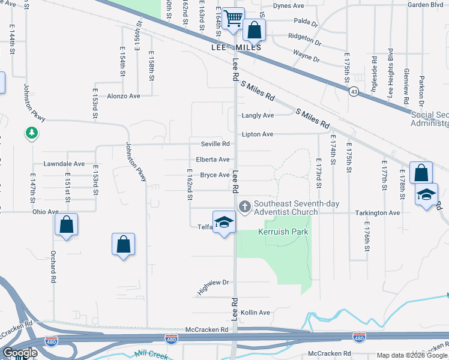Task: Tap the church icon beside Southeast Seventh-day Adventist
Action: pos(244,207)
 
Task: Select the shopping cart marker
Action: pos(232,18)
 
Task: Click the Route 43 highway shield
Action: pos(354,91)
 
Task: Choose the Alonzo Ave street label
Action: pos(123,96)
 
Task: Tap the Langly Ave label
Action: pos(258,115)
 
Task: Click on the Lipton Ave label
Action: pos(258,134)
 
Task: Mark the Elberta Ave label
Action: pos(213,160)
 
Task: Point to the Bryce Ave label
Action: pos(215,175)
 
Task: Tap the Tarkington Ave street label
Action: pos(377,213)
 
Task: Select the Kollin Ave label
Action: pos(256,313)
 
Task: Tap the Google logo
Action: pos(20,353)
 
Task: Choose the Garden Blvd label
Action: pos(424,5)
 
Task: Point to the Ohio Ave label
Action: pos(46,212)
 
